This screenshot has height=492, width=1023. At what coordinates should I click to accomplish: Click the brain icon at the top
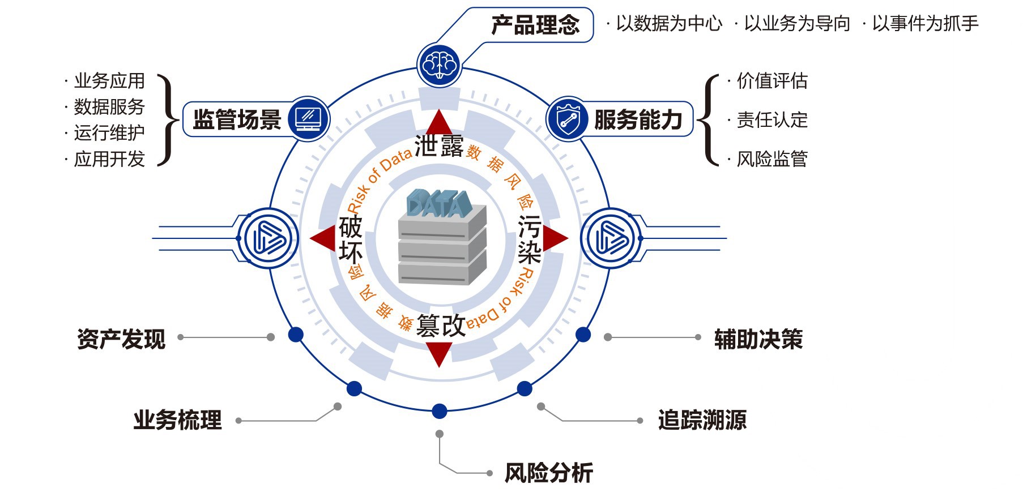point(439,65)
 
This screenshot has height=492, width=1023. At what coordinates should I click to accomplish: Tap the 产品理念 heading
point(535,25)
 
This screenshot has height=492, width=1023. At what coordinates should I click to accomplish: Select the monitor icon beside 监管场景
point(308,119)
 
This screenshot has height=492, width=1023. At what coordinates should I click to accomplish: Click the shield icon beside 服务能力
point(567,119)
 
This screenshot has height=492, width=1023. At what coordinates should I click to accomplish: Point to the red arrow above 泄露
point(439,123)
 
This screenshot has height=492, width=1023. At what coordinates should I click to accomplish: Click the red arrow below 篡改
point(439,353)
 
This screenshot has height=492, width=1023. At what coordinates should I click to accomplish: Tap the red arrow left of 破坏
point(323,238)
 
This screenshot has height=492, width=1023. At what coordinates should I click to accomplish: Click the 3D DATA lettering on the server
point(439,203)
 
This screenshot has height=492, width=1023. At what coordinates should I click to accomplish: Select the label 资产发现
point(121,339)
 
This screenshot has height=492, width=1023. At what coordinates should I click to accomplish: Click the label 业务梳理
point(177,420)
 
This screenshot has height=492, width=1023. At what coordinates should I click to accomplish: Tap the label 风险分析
point(548,473)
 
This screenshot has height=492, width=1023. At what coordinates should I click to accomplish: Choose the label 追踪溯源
point(702,420)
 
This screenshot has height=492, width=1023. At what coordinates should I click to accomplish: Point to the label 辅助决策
point(758,339)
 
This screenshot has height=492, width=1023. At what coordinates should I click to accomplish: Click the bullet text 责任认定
point(771,120)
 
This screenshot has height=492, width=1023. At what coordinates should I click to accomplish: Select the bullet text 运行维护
point(109,133)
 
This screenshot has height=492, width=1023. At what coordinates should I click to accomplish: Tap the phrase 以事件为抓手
point(925,23)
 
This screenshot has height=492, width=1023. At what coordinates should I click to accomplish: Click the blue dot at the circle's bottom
point(440,411)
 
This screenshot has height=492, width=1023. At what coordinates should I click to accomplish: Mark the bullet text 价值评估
point(771,81)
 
